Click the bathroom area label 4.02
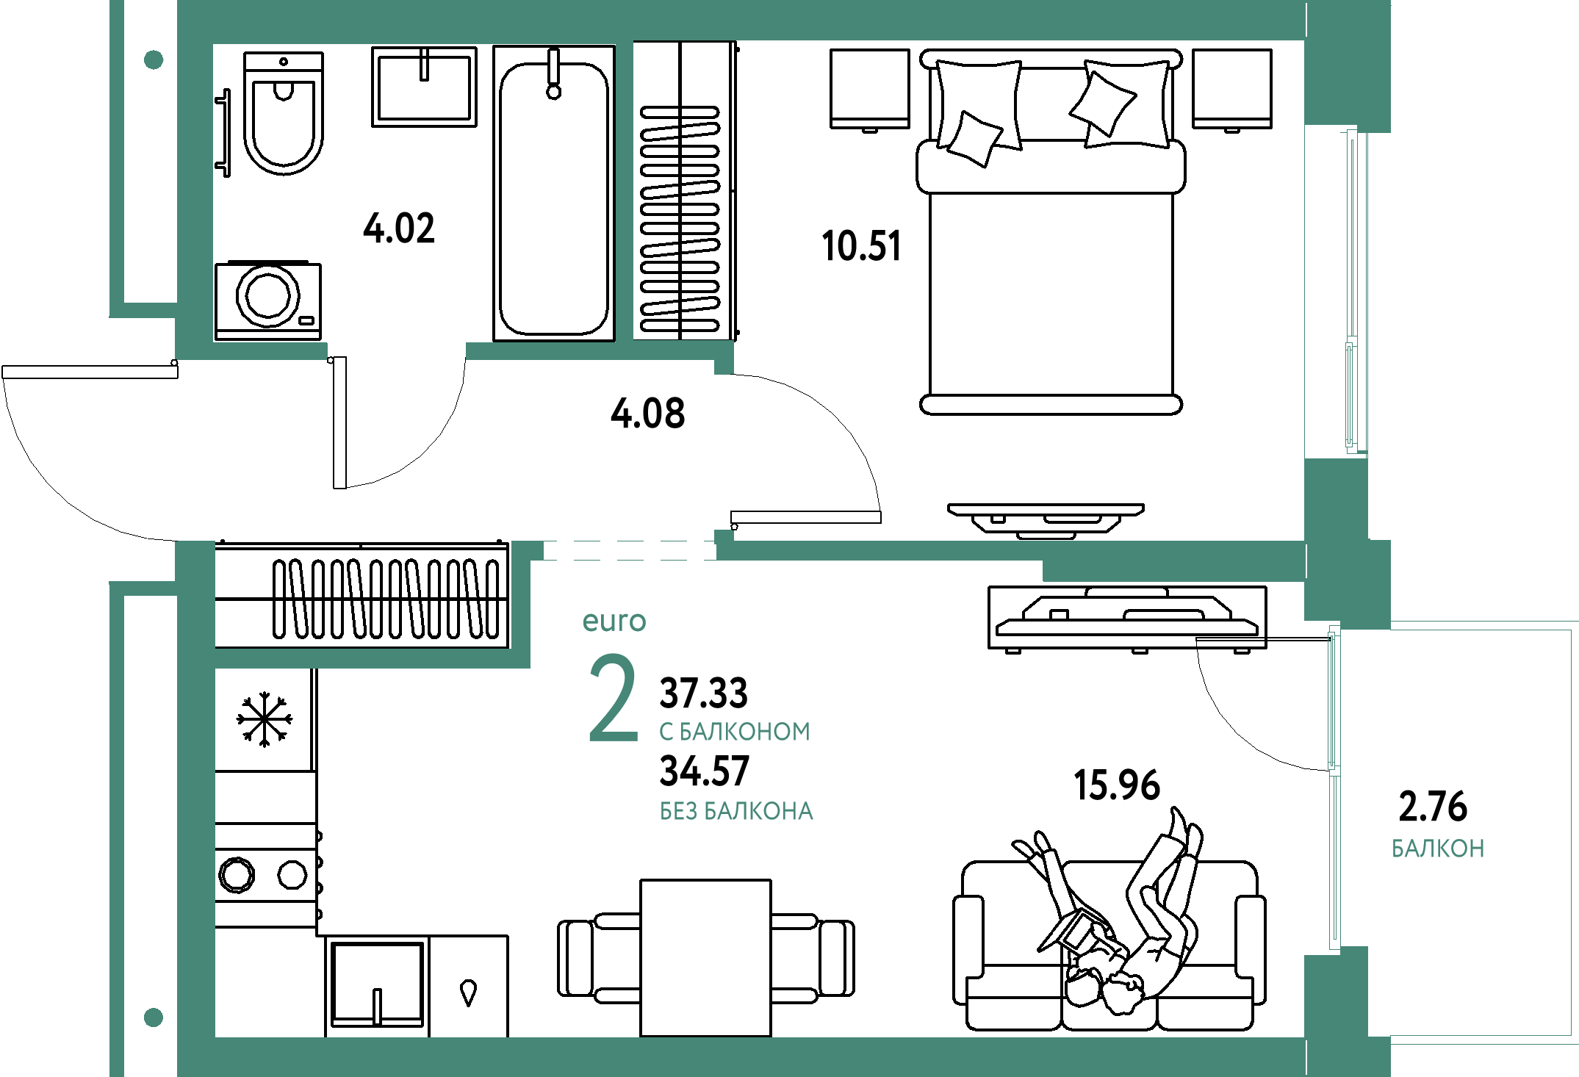399,228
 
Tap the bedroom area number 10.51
861,246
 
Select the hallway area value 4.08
648,414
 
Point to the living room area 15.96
1117,785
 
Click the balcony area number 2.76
1433,807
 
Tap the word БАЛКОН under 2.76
1438,849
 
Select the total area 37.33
704,693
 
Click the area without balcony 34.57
705,771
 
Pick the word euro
614,622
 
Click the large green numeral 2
614,699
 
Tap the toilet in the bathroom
284,112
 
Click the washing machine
268,300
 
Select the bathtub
554,193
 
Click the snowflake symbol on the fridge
265,719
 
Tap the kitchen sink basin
377,984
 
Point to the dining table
705,958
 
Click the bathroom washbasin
424,87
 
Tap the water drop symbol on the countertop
468,993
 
